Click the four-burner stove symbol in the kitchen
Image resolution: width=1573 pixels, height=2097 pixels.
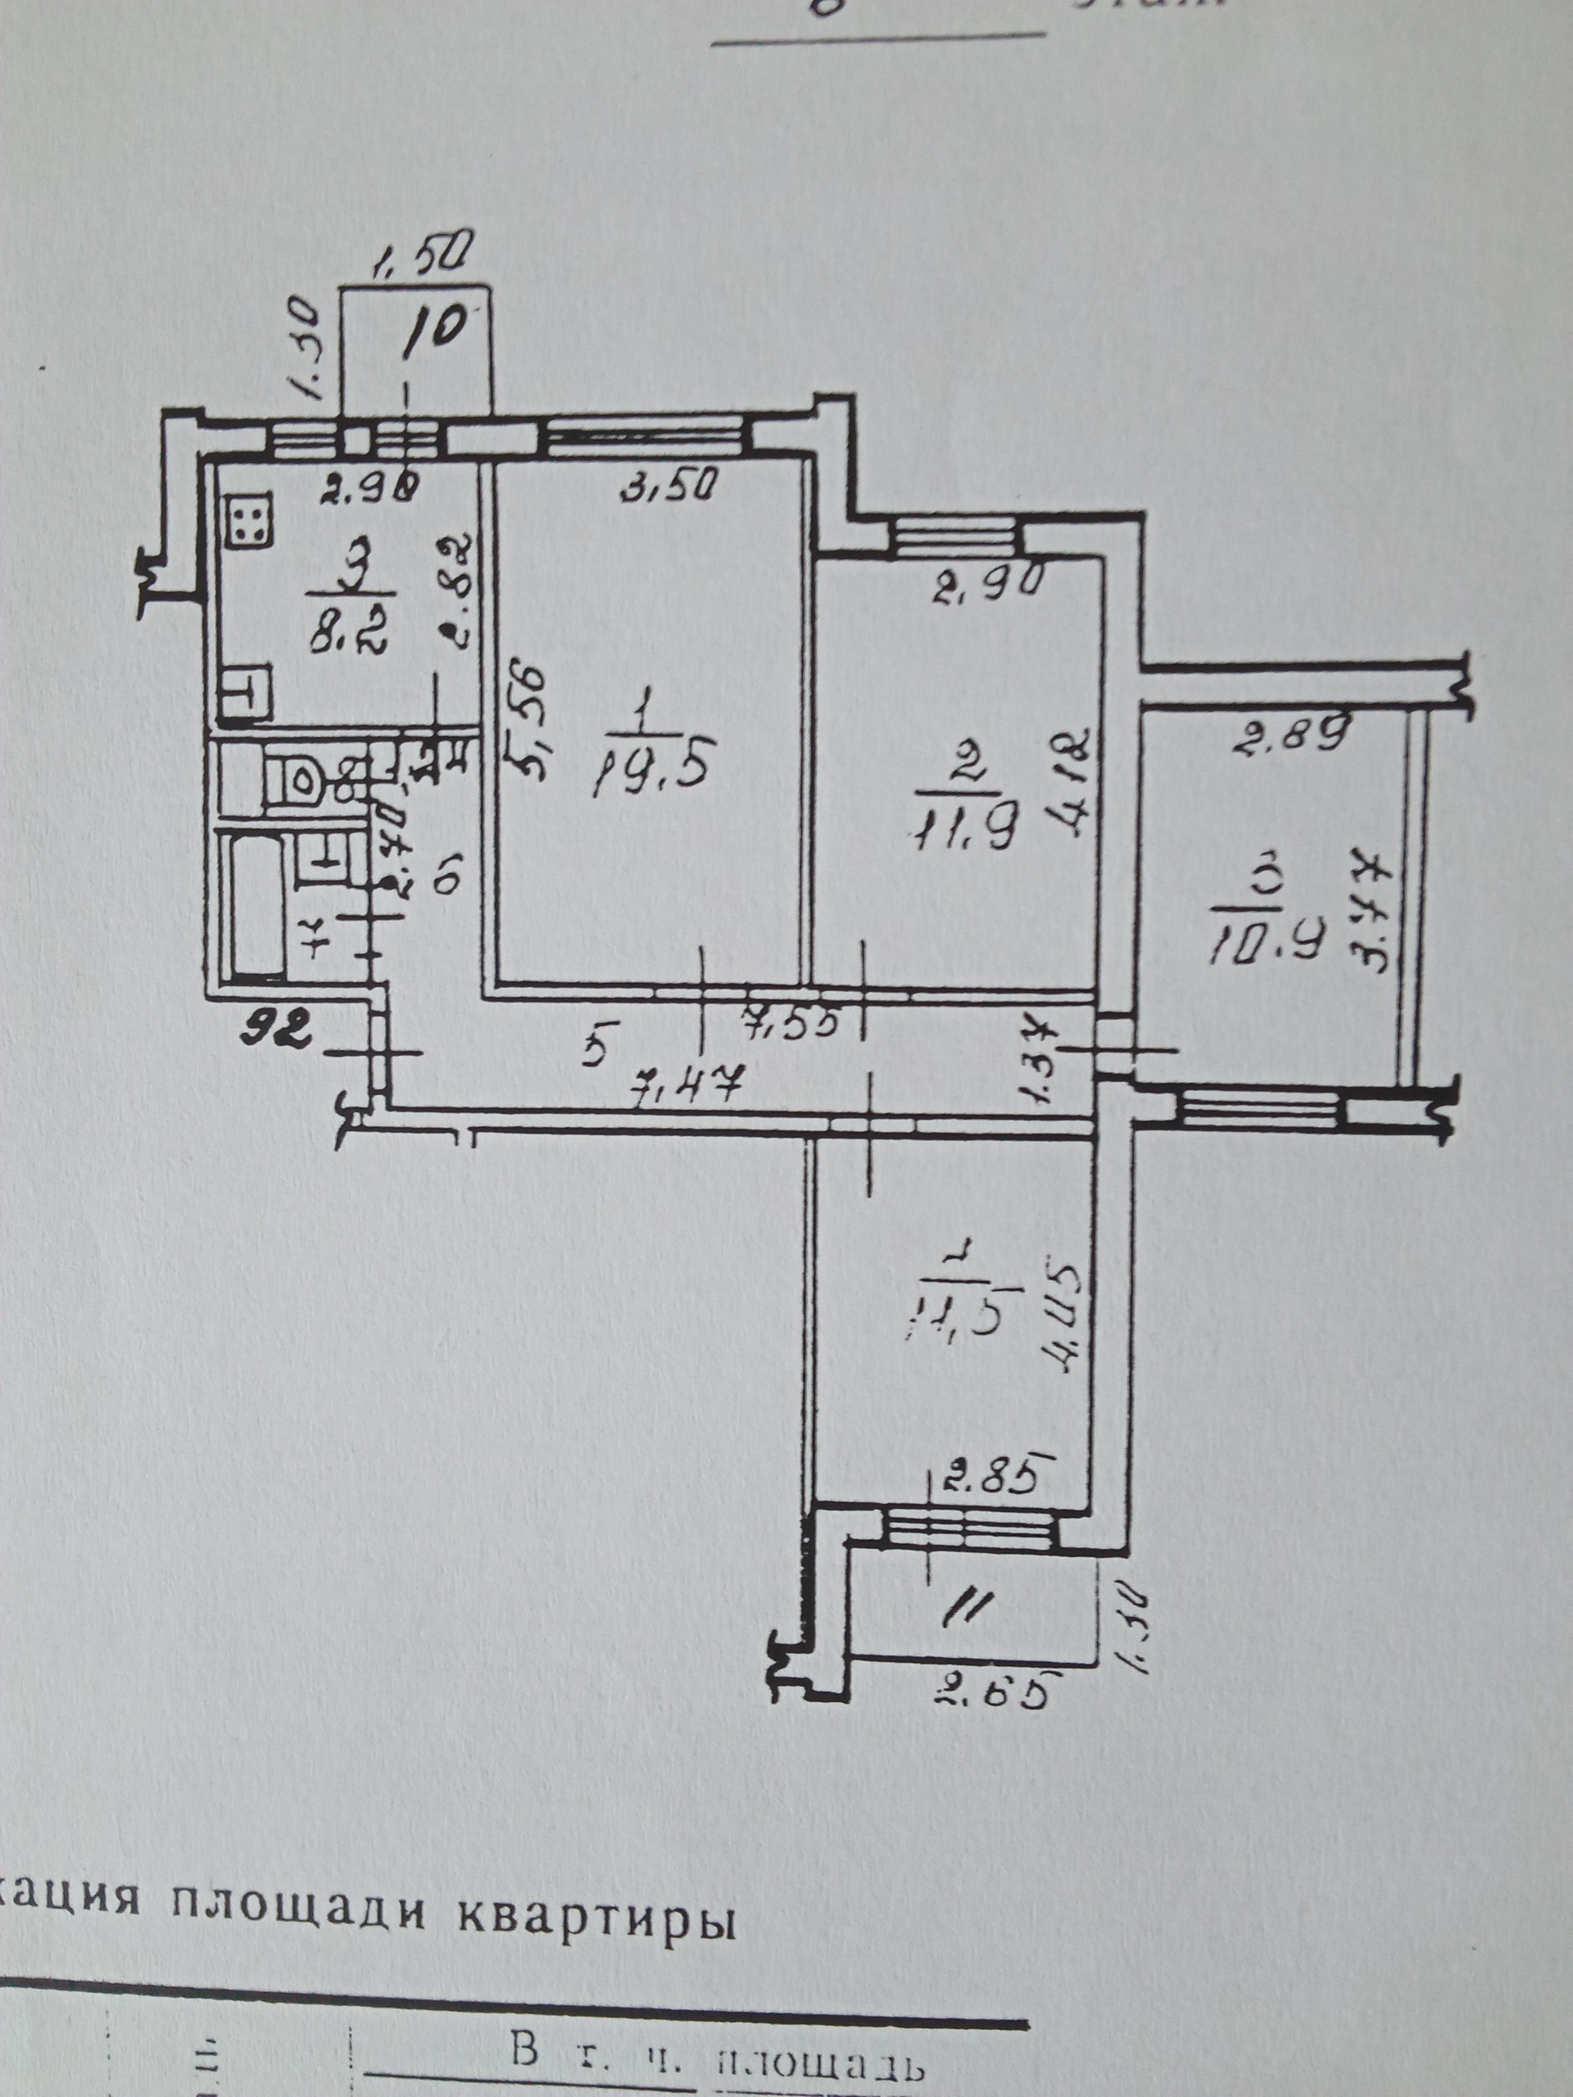pyautogui.click(x=247, y=523)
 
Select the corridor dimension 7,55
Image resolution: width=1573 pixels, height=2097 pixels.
pyautogui.click(x=791, y=1024)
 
